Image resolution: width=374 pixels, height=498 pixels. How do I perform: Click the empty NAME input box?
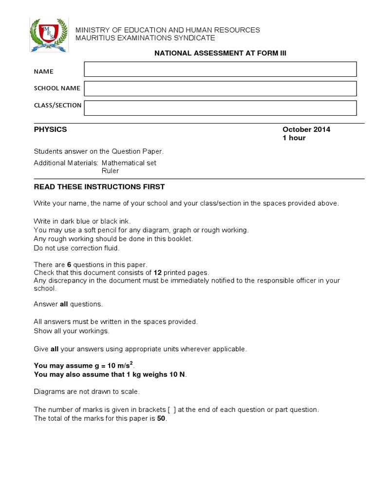pos(220,69)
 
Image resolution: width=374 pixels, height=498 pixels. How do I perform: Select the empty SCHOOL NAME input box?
pos(220,89)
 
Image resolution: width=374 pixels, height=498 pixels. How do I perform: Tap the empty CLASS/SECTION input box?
pos(220,107)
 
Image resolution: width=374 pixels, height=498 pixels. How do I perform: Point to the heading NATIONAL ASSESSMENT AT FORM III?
pos(220,53)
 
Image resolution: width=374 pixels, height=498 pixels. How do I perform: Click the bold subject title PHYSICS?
pos(50,129)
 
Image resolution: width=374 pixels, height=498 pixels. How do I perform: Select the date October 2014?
pos(306,129)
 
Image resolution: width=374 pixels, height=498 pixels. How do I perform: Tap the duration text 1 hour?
pos(294,138)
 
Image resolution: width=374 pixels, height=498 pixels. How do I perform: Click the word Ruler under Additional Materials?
pos(110,171)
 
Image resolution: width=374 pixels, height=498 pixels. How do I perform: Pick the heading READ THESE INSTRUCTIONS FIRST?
pos(99,187)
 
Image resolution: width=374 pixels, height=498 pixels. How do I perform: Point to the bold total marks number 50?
pos(161,418)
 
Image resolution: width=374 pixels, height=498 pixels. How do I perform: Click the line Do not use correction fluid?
pos(76,248)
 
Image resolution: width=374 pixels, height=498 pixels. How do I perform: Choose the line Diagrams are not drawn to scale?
pos(86,391)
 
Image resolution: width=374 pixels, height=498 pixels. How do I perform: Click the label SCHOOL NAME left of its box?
pos(57,88)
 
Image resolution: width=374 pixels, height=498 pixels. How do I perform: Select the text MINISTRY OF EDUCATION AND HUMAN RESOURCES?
pos(167,30)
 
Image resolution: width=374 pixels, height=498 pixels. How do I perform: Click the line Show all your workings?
pos(72,331)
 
